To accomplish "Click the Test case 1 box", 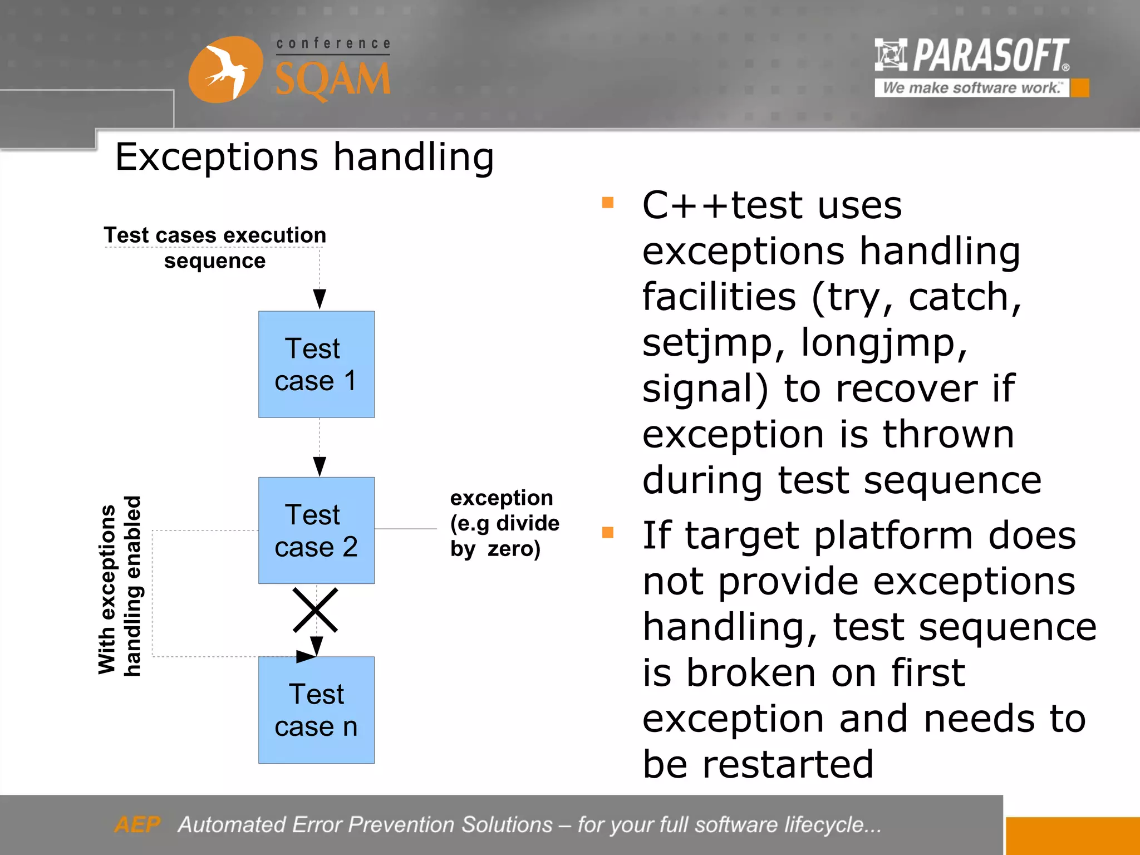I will (316, 365).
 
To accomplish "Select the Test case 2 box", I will (316, 530).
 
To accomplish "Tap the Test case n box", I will (316, 710).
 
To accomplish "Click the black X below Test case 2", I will (316, 610).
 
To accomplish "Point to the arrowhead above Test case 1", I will (320, 299).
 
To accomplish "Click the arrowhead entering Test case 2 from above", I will (320, 466).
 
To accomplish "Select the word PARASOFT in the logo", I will (991, 56).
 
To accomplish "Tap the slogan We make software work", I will (971, 88).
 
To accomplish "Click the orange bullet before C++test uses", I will (608, 203).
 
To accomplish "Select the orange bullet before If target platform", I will (608, 533).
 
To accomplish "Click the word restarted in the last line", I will (788, 764).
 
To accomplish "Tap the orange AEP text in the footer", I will (137, 824).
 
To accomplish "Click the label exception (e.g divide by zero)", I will (504, 523).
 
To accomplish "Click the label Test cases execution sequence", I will (215, 248).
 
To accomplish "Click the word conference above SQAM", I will (333, 43).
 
